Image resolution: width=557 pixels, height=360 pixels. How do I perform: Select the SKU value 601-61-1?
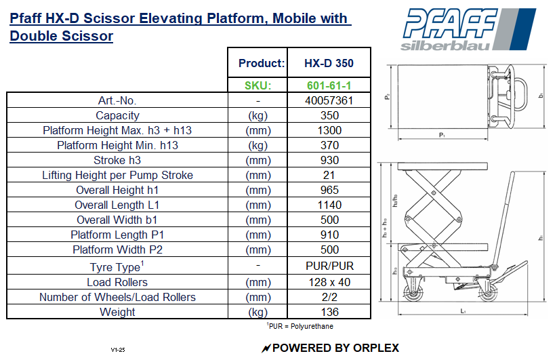pyautogui.click(x=329, y=85)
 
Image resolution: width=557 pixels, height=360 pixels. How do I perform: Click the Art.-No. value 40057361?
pyautogui.click(x=329, y=100)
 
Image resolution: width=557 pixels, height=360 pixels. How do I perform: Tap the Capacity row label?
pyautogui.click(x=117, y=115)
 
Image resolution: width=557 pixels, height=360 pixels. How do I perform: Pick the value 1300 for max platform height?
pyautogui.click(x=329, y=130)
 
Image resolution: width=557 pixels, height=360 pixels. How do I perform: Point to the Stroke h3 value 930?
pyautogui.click(x=329, y=160)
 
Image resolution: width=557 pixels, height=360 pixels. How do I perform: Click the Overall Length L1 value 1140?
pyautogui.click(x=329, y=205)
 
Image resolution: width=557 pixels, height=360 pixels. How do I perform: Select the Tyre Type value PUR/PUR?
pyautogui.click(x=329, y=266)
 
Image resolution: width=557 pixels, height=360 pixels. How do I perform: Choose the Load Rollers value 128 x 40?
pyautogui.click(x=329, y=282)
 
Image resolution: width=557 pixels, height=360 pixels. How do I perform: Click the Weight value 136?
pyautogui.click(x=329, y=312)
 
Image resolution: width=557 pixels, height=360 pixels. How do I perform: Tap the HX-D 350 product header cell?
pyautogui.click(x=329, y=64)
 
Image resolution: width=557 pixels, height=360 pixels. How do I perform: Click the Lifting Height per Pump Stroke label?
pyautogui.click(x=117, y=175)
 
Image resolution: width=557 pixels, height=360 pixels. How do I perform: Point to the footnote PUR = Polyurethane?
pyautogui.click(x=300, y=326)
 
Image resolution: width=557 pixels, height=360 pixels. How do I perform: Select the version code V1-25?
pyautogui.click(x=119, y=350)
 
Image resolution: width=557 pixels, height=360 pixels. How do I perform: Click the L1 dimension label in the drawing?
pyautogui.click(x=462, y=311)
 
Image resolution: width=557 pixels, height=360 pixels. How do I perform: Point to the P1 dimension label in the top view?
pyautogui.click(x=441, y=136)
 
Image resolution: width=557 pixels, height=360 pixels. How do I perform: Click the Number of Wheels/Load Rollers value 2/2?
pyautogui.click(x=329, y=297)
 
